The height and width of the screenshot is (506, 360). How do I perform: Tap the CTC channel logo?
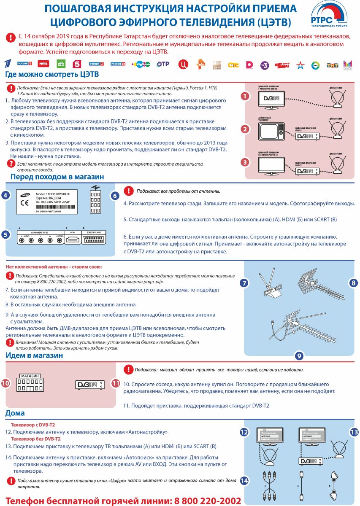233,65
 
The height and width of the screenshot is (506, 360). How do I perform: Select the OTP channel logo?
163,64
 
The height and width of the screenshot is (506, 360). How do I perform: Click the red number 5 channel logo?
77,64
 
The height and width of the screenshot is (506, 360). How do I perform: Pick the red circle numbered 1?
244,96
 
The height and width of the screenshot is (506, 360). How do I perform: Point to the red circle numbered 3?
244,162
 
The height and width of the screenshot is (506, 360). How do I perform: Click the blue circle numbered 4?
5,195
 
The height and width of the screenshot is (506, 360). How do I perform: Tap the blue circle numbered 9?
299,355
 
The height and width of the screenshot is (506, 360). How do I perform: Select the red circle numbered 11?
116,383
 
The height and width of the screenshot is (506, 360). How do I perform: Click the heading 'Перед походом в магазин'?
57,177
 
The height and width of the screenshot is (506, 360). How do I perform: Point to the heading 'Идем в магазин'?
34,355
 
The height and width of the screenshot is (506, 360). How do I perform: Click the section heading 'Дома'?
15,413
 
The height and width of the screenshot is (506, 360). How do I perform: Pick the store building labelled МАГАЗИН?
30,383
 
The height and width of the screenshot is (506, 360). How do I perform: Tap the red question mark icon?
11,163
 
